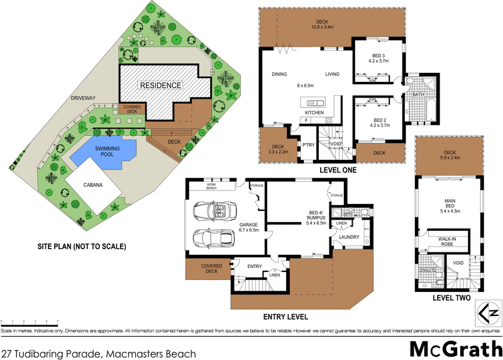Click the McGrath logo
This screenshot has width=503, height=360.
455,349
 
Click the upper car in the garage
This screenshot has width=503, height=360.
213,210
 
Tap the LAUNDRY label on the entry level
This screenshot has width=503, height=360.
348,237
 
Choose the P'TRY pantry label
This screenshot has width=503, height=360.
308,144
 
